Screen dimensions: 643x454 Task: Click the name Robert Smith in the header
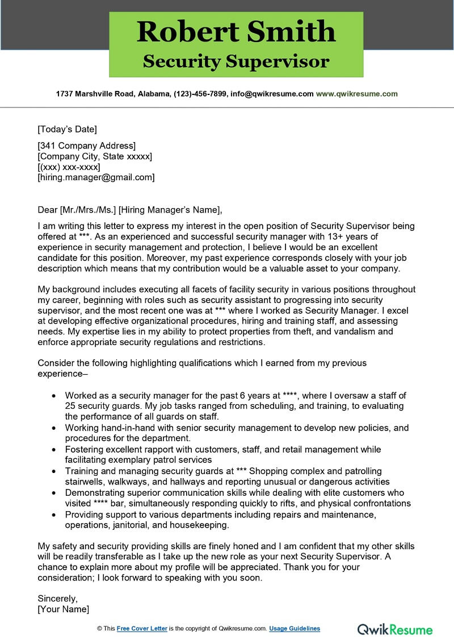pos(236,32)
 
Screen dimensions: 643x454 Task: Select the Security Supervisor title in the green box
pos(236,61)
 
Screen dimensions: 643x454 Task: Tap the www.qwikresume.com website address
pos(356,94)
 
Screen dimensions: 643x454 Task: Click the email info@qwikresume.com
pos(272,94)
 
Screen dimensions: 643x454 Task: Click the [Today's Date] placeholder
pos(67,129)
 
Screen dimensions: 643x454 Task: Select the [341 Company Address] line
pos(86,146)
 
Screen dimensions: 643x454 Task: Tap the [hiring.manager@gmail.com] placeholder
pos(96,177)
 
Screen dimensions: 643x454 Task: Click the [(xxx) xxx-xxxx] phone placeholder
pos(69,167)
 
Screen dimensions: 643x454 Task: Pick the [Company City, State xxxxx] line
pos(95,156)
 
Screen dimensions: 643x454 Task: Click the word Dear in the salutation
pos(47,209)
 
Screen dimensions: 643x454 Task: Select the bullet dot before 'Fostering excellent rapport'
pos(53,450)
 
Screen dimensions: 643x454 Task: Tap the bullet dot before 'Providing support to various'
pos(53,515)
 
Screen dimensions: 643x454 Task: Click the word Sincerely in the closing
pos(57,598)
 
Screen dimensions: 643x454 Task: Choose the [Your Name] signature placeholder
pos(63,609)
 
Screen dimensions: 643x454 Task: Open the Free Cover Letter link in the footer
pos(142,628)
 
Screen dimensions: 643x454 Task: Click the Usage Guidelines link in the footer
pos(295,628)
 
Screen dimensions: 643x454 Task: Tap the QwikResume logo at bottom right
pos(394,629)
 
